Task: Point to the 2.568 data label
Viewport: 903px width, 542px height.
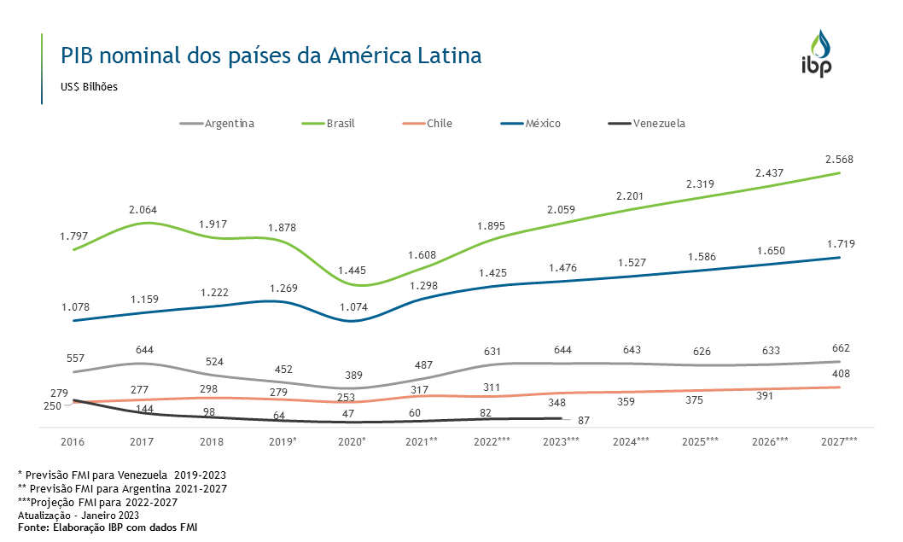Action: click(x=840, y=160)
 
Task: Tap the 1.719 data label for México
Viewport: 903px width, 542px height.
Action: click(x=840, y=244)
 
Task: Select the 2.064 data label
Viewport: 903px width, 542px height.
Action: click(x=143, y=210)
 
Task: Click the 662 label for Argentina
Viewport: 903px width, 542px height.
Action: click(x=840, y=348)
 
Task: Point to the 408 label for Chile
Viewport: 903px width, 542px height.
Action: click(x=840, y=374)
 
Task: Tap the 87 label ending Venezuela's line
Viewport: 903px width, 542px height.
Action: click(x=584, y=421)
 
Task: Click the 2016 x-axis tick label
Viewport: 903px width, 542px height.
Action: click(x=73, y=442)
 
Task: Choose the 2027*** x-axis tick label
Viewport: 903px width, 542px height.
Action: click(x=840, y=442)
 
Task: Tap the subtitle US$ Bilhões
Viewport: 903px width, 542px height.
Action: click(x=89, y=87)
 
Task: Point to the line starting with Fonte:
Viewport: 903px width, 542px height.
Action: click(x=108, y=527)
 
